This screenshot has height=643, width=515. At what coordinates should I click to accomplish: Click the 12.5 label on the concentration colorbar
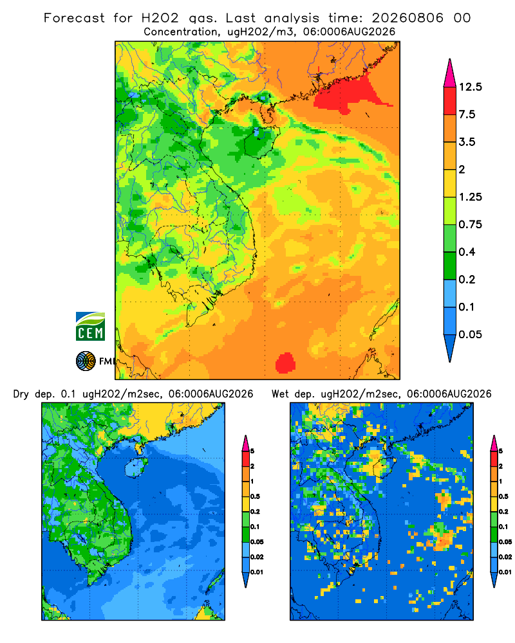click(x=470, y=87)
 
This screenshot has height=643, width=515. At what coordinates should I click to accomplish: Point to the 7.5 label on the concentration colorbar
click(x=467, y=114)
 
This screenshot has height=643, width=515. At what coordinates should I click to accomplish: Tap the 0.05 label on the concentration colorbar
click(x=470, y=334)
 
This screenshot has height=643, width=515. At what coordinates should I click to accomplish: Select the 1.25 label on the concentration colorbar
click(x=470, y=197)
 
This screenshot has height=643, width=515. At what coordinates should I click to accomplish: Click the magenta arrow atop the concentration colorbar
click(x=450, y=74)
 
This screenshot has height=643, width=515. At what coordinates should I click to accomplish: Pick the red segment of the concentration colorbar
click(x=450, y=101)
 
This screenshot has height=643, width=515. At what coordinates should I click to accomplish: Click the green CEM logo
click(x=90, y=327)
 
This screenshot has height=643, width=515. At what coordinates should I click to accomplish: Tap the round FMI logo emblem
click(x=86, y=361)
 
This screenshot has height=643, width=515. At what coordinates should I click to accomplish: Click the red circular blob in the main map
click(x=285, y=363)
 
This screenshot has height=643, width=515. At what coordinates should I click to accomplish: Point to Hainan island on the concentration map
click(x=261, y=142)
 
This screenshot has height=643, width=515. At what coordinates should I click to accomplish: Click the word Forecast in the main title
click(x=74, y=18)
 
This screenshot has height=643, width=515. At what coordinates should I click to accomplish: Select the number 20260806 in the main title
click(x=407, y=18)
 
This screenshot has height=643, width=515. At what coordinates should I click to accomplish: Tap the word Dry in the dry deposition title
click(x=21, y=394)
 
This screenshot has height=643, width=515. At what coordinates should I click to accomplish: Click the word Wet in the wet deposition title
click(x=281, y=394)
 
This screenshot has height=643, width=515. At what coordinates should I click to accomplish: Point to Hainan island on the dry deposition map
click(x=136, y=467)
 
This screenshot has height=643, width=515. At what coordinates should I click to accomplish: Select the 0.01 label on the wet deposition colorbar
click(x=505, y=572)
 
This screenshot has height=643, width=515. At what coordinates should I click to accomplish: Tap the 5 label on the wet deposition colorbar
click(x=501, y=451)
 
